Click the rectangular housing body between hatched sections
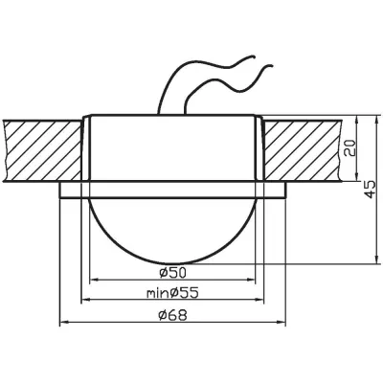pos(176,148)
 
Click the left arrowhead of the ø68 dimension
pos(62,322)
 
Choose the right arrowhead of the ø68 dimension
pos(288,322)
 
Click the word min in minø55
pos(157,293)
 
